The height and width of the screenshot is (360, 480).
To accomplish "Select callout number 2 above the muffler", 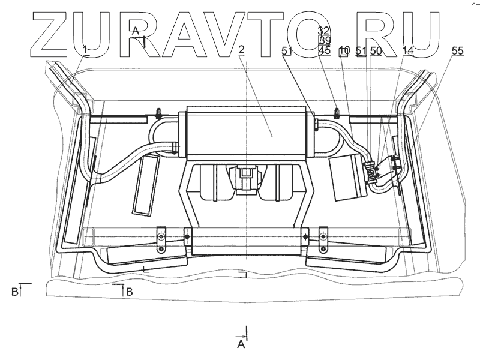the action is [241, 49].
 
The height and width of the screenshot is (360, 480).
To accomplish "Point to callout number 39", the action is [325, 40].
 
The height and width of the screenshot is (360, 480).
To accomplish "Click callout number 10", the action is [344, 52].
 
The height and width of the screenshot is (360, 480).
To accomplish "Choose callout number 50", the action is [376, 52].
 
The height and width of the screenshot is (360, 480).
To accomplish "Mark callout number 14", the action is [408, 52].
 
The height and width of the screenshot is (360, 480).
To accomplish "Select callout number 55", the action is [457, 52].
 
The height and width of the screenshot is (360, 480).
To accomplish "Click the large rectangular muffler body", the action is [248, 133].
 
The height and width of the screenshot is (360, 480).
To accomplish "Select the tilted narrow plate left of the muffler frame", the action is [144, 186].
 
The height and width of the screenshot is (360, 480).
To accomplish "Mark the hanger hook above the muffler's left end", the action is [158, 112].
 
